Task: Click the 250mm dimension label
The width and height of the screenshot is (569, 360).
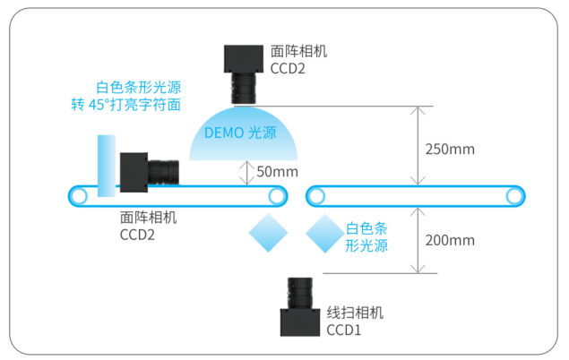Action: [450, 149]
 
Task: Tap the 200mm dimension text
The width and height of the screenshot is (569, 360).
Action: [450, 240]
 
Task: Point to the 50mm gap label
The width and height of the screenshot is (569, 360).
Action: [277, 171]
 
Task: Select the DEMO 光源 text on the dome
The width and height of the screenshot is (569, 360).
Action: [240, 133]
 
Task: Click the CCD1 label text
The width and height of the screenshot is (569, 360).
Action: [344, 330]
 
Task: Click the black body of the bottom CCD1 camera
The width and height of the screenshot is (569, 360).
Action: [300, 322]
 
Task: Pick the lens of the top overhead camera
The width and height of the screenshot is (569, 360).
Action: [244, 88]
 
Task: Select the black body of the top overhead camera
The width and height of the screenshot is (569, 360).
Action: [244, 59]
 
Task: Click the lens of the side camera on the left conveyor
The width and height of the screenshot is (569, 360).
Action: [163, 173]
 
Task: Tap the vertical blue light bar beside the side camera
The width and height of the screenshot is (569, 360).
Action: [107, 166]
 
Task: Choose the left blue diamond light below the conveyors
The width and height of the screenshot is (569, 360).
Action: [268, 233]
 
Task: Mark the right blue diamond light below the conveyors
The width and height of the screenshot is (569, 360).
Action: [325, 233]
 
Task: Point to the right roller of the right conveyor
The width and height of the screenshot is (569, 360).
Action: [514, 196]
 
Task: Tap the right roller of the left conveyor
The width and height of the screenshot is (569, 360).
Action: [277, 196]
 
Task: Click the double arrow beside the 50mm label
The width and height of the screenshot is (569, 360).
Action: [247, 173]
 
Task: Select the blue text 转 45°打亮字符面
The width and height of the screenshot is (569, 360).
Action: [126, 105]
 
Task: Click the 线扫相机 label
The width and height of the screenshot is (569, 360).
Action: [355, 313]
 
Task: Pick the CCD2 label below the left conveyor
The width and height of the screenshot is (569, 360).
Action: [137, 235]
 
